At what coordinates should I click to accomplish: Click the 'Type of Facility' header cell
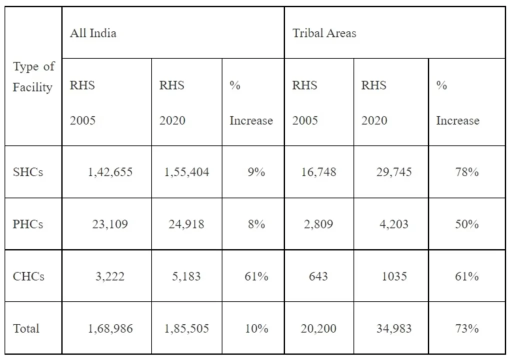click(33, 77)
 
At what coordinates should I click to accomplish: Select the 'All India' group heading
click(93, 33)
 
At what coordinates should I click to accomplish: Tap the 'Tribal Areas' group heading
click(324, 33)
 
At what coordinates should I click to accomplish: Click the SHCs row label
click(28, 172)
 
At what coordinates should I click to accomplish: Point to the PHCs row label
click(28, 224)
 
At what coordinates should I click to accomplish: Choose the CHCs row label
click(28, 276)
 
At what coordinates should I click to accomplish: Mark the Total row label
click(26, 328)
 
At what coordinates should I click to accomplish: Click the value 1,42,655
click(110, 172)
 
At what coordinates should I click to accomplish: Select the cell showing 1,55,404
click(186, 172)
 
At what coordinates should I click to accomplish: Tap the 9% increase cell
click(256, 172)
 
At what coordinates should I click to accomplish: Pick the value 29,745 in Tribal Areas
click(394, 172)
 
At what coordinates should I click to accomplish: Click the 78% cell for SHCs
click(466, 172)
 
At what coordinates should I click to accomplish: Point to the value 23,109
click(110, 224)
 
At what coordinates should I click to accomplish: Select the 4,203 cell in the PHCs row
click(394, 224)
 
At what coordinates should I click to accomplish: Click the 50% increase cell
click(466, 224)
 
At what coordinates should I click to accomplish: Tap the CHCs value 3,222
click(110, 276)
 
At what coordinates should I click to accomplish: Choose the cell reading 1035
click(394, 276)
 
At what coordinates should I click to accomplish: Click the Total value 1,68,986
click(110, 328)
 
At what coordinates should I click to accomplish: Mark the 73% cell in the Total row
click(466, 328)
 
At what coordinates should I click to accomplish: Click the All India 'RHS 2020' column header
click(172, 102)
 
